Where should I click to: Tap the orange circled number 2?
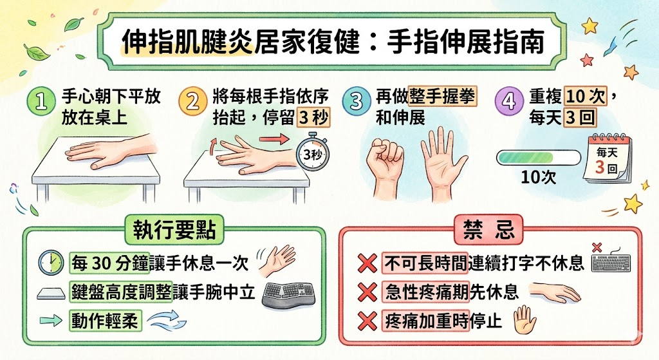point(192,104)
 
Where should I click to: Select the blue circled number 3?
point(355,103)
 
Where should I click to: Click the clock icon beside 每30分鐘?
point(50,261)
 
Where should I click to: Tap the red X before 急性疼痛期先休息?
point(367,292)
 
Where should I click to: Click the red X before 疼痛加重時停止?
point(367,320)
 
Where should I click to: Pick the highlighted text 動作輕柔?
point(105,320)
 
